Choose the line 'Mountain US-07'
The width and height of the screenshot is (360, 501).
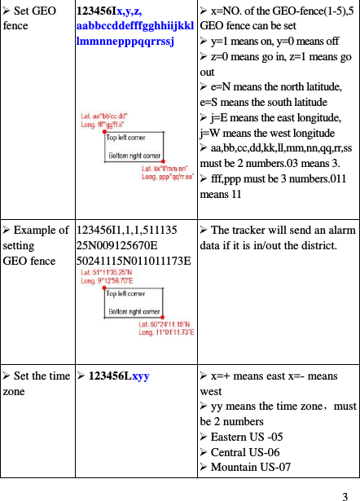pos(249,468)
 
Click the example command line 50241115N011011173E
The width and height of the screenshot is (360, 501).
pos(133,260)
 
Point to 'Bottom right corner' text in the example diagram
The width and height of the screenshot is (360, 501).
pos(134,311)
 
